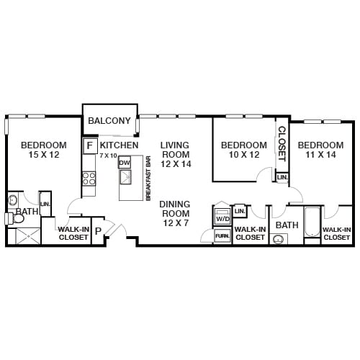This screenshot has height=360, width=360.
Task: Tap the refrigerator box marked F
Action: pos(90,145)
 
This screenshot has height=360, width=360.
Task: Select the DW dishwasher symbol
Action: pos(125,163)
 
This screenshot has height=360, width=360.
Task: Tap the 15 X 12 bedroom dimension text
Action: pos(43,154)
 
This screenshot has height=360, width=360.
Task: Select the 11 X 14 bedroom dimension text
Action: pos(321,154)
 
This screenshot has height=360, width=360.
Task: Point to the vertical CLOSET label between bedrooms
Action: pos(282,143)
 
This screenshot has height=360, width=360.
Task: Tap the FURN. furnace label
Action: pos(222,235)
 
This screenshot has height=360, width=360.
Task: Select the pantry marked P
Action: pos(97,231)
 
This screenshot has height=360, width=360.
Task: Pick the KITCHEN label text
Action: pos(120,145)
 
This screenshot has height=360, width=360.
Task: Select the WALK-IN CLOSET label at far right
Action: pos(337,233)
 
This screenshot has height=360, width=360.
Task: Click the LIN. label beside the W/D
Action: pos(240,210)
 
